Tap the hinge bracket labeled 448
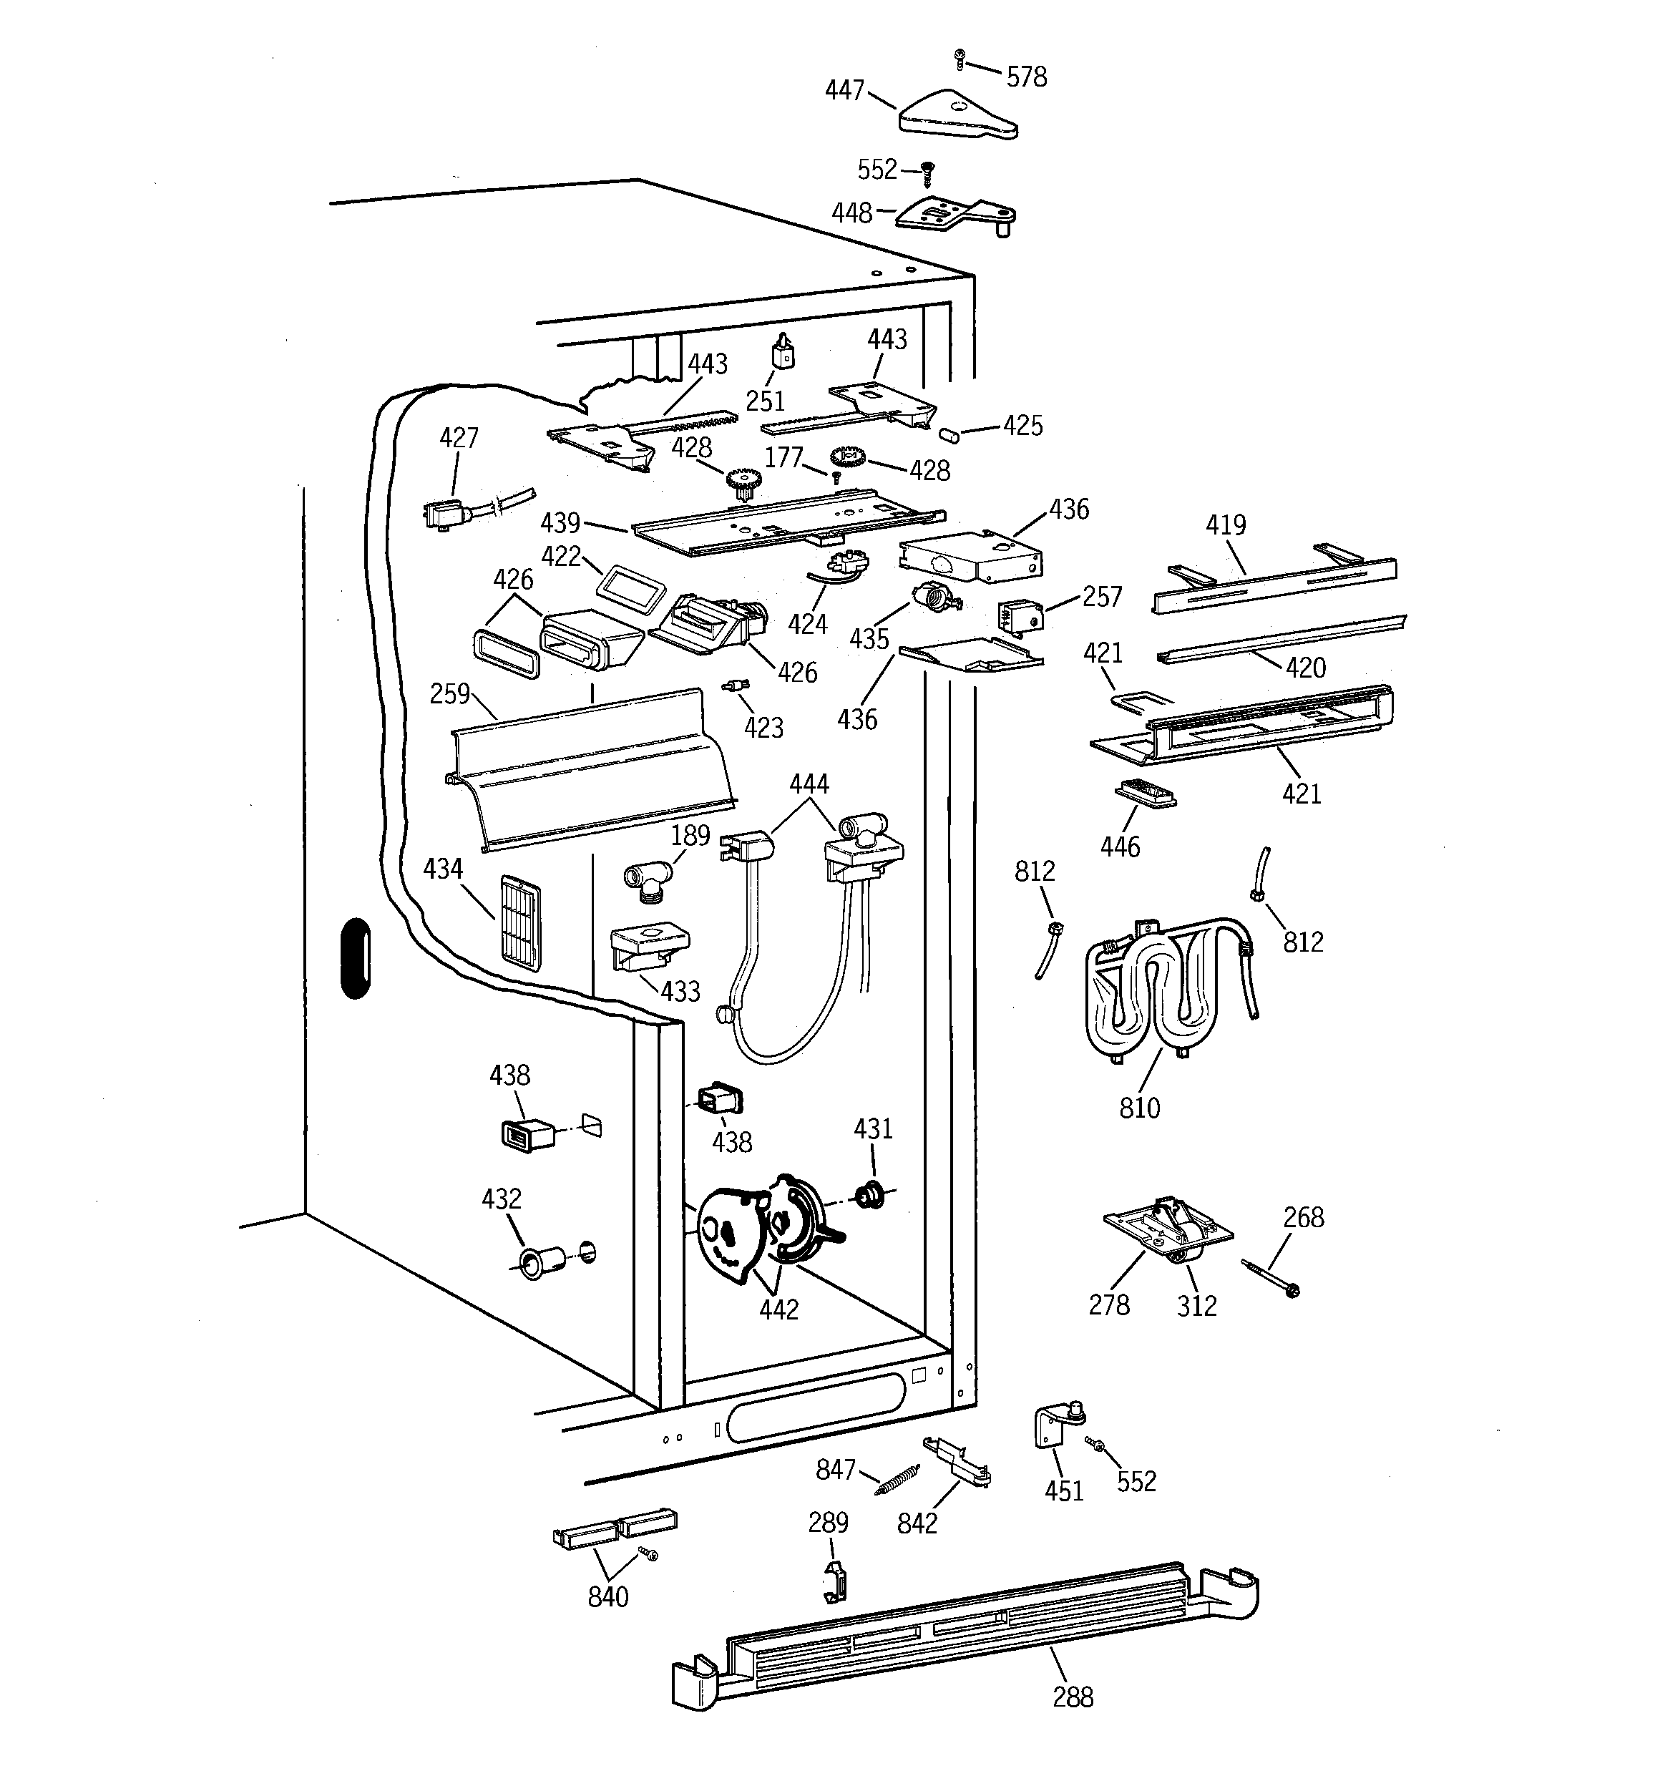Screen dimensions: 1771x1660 point(953,214)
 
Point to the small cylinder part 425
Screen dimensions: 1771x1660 point(949,435)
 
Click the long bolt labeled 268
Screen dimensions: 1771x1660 point(1268,1277)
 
